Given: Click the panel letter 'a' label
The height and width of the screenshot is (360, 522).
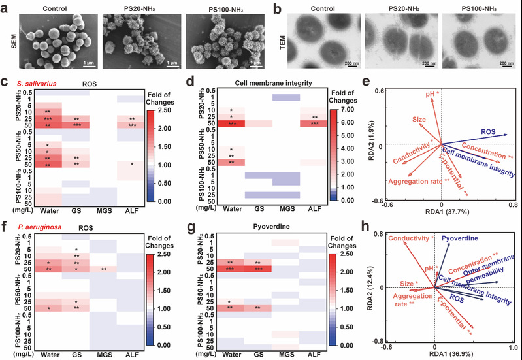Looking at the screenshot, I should [x=5, y=7].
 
